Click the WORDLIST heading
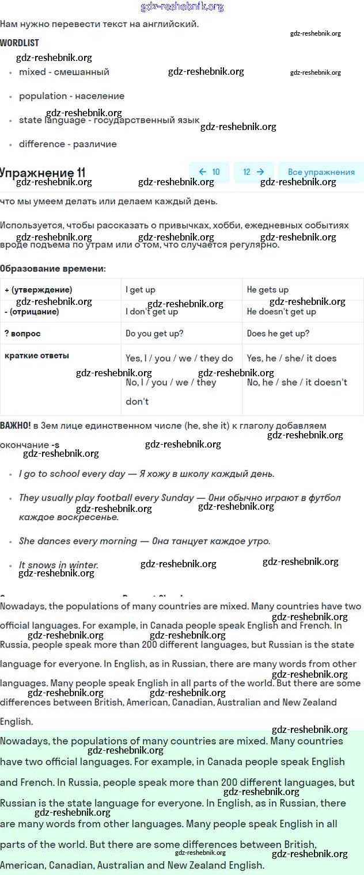(20, 43)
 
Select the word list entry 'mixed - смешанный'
(64, 72)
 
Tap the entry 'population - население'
(71, 96)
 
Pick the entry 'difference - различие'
(67, 144)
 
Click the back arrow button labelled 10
(209, 172)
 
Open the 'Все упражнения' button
(321, 172)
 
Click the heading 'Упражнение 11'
(43, 173)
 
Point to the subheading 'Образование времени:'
(53, 269)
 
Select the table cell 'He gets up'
(268, 290)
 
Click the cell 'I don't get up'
(151, 312)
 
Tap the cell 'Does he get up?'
(278, 334)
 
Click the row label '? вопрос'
(22, 334)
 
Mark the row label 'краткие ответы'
(37, 356)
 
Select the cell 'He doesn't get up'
(282, 312)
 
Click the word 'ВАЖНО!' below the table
(16, 426)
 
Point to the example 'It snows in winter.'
(59, 565)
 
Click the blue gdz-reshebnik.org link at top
(182, 7)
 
